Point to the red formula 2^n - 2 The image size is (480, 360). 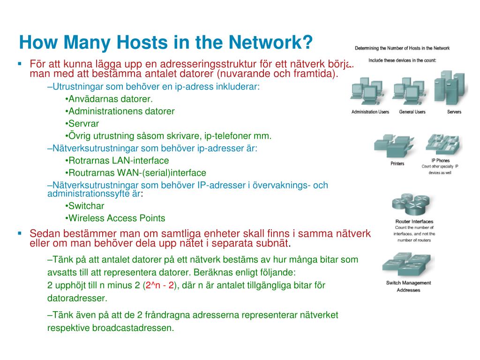coord(160,285)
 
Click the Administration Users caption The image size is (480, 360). coord(370,112)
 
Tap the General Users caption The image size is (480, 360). coord(412,112)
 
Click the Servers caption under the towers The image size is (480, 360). coord(454,112)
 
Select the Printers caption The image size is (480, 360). coord(397,164)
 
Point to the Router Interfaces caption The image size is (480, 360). coord(414,221)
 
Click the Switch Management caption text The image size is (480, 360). coord(408,283)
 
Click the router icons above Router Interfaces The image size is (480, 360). coord(411,205)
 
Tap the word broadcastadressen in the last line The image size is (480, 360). coord(134,328)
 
